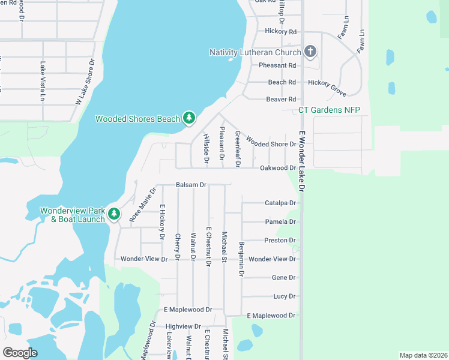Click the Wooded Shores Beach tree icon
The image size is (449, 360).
pos(189,118)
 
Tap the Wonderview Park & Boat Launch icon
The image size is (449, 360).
pos(113,214)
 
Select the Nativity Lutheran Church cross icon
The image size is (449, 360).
pos(310,52)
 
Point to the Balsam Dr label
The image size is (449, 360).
pos(191,185)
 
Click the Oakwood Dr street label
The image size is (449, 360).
pos(278,168)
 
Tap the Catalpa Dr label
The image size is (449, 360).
pos(280,203)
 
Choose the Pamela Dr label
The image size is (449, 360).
pos(280,222)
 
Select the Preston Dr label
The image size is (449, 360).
pos(280,241)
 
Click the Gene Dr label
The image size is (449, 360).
pos(284,278)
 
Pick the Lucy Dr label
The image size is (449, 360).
pos(285,296)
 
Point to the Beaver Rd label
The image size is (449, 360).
pos(282,99)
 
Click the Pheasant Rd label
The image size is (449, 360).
pos(277,65)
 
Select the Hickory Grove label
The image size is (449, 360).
pos(327,88)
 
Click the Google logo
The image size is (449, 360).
pos(20,352)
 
